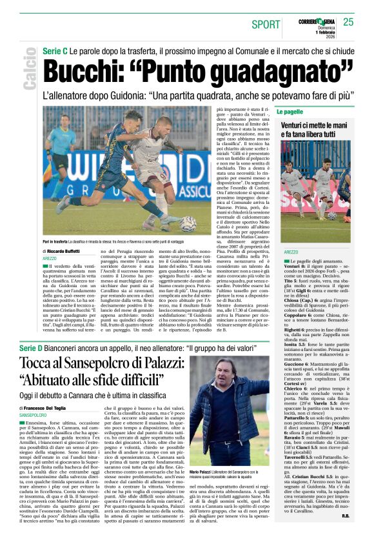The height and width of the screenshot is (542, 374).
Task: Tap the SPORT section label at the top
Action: tap(266, 25)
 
